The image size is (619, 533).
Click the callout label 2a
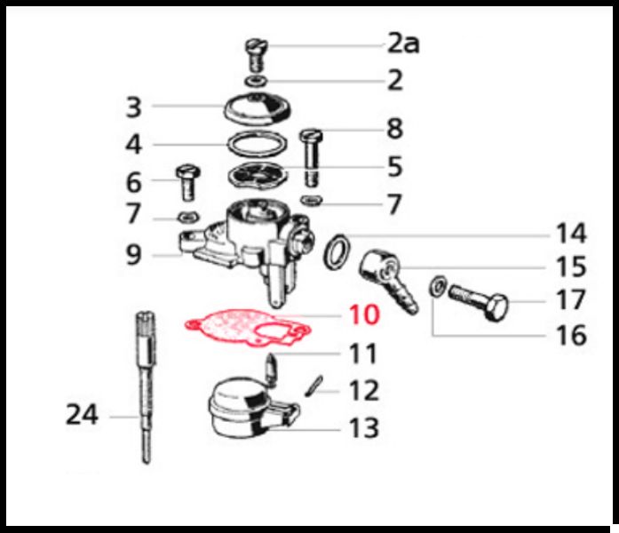[x=403, y=44]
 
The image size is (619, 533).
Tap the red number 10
[x=364, y=314]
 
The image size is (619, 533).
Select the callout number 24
[x=82, y=415]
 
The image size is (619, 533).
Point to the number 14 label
[x=571, y=233]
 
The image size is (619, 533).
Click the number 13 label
[x=364, y=427]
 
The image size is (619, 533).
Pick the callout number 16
[x=571, y=335]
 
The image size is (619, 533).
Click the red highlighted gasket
[x=248, y=327]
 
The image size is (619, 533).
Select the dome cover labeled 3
[x=257, y=108]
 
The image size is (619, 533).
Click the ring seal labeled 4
[x=257, y=145]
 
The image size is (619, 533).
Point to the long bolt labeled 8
[x=312, y=158]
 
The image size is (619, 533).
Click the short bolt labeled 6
[x=188, y=183]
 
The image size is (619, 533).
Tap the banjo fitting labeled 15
[x=387, y=279]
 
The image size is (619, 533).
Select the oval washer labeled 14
[x=337, y=252]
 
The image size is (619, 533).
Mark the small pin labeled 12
[x=314, y=386]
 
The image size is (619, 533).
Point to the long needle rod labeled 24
[x=147, y=387]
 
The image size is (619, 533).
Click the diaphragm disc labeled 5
[x=258, y=174]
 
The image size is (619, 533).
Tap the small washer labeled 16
[x=438, y=286]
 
